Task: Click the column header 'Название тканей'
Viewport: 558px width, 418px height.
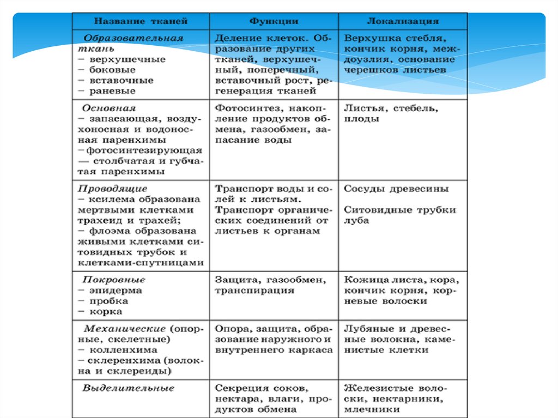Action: coord(141,21)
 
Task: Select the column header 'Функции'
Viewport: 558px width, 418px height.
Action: coord(274,21)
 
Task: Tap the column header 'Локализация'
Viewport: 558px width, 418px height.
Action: coord(403,21)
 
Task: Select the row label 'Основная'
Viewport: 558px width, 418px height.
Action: coord(110,108)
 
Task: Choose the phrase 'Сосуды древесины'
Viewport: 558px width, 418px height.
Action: coord(396,189)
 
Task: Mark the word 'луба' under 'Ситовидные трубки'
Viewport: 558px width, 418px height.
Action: coord(356,221)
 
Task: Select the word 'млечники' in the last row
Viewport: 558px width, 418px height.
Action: coord(368,410)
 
